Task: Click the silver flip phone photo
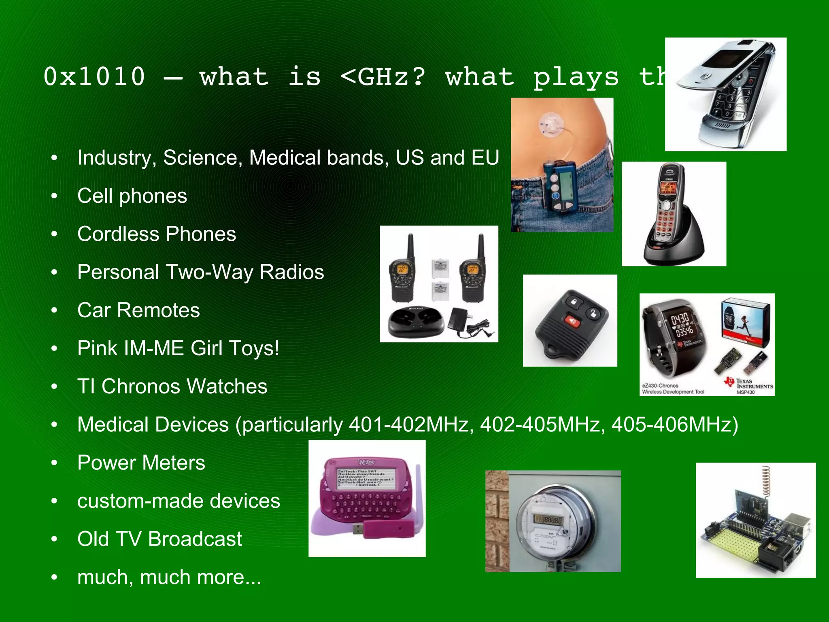(x=725, y=94)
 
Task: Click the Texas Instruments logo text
(x=754, y=384)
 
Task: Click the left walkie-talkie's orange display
(x=402, y=270)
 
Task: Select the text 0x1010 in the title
(x=94, y=76)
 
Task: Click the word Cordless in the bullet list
(x=118, y=234)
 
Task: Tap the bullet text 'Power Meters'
(x=141, y=463)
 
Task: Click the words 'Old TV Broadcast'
(x=159, y=539)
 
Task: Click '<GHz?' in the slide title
(x=383, y=76)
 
